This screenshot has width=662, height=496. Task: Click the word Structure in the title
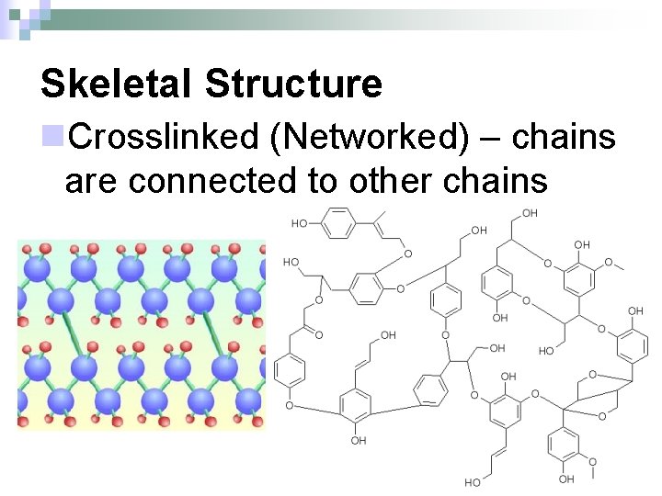pyautogui.click(x=293, y=84)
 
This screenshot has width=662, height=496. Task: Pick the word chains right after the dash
pyautogui.click(x=563, y=137)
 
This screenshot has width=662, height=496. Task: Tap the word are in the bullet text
pyautogui.click(x=93, y=180)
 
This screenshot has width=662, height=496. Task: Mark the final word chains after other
pyautogui.click(x=496, y=180)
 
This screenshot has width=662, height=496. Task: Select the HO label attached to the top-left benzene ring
pyautogui.click(x=300, y=223)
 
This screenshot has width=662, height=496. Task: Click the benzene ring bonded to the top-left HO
pyautogui.click(x=339, y=223)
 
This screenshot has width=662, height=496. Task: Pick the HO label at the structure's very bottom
pyautogui.click(x=472, y=482)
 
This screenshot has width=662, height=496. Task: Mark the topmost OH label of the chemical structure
pyautogui.click(x=529, y=213)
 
